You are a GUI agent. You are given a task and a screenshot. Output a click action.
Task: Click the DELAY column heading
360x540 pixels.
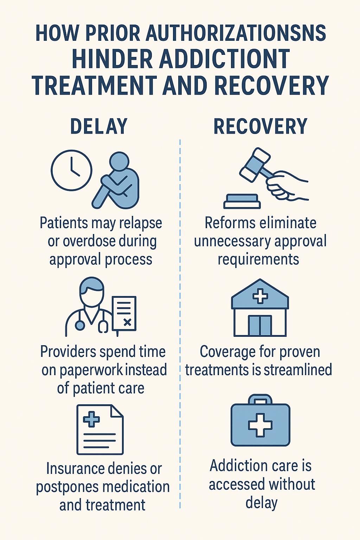[99, 127]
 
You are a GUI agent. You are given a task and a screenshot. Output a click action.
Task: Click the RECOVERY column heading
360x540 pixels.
[261, 127]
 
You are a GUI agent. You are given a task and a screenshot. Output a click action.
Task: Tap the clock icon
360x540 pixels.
[71, 171]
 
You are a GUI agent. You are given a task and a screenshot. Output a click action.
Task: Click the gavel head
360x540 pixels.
[255, 164]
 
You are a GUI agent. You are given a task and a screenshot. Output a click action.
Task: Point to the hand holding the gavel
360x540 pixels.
[285, 185]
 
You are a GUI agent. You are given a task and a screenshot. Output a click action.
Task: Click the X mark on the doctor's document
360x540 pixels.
[128, 322]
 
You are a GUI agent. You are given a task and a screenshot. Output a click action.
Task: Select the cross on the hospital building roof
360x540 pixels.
[260, 296]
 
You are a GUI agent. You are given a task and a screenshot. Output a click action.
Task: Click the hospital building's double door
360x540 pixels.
[260, 325]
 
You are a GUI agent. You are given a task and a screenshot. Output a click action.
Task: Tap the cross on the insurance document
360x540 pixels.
[91, 419]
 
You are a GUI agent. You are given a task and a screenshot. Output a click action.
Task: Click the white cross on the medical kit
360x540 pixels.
[260, 425]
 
